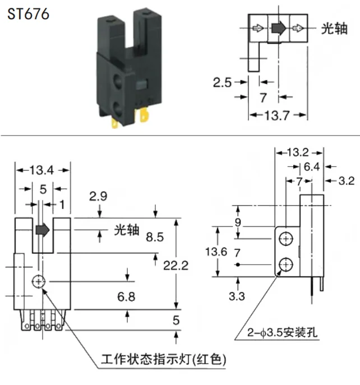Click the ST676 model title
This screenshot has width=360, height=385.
coord(28,14)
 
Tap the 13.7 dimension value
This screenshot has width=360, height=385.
coord(277,115)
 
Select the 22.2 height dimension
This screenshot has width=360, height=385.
coord(176,266)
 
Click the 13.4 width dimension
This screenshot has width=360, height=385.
coord(41,170)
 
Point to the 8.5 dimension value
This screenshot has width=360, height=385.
coord(155,237)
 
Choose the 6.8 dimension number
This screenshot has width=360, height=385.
coord(126,296)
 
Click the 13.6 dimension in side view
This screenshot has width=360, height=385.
coord(216,252)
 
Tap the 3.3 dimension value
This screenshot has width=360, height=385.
coord(237,296)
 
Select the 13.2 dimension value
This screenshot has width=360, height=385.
coord(298,152)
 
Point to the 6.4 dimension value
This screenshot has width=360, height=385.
coord(312,166)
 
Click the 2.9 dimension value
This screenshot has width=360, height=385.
coord(98,197)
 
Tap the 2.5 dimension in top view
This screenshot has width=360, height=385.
coord(222,82)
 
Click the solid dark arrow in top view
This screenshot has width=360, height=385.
coord(279,28)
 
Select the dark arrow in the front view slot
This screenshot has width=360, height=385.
coord(43,230)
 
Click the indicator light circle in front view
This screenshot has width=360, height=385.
coord(39,281)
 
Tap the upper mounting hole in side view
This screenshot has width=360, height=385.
coord(286,239)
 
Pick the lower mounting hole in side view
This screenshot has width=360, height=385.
coord(286,265)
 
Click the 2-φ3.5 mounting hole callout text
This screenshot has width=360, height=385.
coord(282,333)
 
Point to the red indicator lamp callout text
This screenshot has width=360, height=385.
coord(163,360)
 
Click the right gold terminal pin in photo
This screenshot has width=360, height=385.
coord(145,115)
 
